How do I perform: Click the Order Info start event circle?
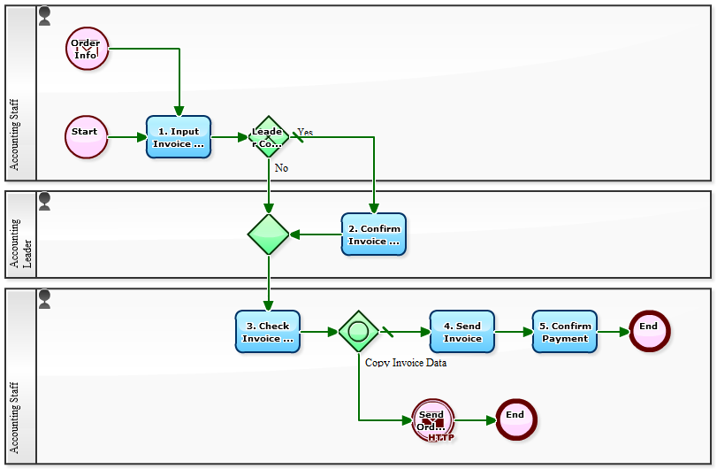(x=87, y=48)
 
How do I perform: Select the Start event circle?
(x=87, y=137)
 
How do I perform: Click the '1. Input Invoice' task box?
(x=179, y=137)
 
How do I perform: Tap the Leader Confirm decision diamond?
(x=268, y=137)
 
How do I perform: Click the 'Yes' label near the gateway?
(x=305, y=132)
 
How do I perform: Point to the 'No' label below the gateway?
(x=281, y=167)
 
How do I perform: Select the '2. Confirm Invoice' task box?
(x=374, y=234)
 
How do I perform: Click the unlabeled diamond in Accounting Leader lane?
(x=268, y=234)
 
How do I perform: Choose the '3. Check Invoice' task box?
(x=268, y=332)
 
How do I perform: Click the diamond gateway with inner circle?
(x=358, y=332)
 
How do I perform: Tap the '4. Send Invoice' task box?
(x=462, y=332)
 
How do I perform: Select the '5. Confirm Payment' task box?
(x=565, y=332)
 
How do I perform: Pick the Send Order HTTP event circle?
(x=432, y=420)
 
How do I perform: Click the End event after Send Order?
(x=516, y=420)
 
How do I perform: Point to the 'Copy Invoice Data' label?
(x=406, y=362)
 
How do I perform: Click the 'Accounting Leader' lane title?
(x=20, y=243)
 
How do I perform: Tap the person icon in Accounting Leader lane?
(x=44, y=201)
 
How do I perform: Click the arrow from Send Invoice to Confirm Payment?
(x=514, y=332)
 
